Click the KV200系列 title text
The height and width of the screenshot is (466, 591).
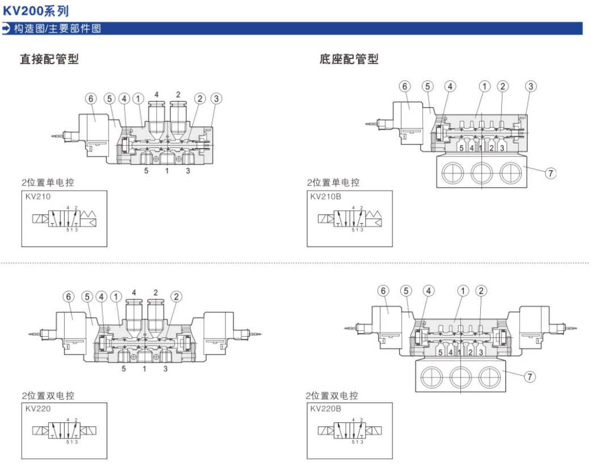pos(36,11)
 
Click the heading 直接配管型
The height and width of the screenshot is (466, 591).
pos(49,59)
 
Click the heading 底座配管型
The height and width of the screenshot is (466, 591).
pos(349,59)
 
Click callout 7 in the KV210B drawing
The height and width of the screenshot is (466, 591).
pos(550,173)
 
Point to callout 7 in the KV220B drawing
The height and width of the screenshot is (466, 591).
pos(529,376)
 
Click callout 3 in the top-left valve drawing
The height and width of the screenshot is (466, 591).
pos(216,98)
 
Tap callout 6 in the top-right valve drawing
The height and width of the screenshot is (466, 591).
pos(404,86)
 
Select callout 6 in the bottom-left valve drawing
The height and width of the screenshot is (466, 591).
pos(69,296)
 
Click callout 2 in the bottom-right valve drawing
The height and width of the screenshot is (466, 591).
pos(481,291)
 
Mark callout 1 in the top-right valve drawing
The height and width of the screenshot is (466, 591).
pos(484,86)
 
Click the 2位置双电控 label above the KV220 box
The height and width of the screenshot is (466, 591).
pos(48,395)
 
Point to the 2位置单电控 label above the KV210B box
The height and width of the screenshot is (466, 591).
pos(333,183)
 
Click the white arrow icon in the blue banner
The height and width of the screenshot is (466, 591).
pos(6,28)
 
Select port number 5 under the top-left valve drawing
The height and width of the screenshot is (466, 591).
pos(146,170)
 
